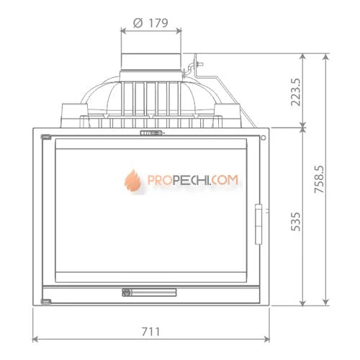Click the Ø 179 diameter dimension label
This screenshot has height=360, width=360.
point(150,23)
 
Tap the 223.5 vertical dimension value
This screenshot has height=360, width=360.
point(295,92)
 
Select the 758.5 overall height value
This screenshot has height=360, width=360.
point(319,179)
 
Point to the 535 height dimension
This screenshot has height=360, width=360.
point(295,222)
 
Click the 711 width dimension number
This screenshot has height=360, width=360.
point(150,332)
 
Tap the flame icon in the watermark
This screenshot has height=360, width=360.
point(132,180)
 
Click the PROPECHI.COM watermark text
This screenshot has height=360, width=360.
point(193,180)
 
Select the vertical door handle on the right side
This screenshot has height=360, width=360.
point(258,224)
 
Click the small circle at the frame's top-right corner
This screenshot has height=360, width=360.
point(264,138)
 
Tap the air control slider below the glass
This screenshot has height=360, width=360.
point(149,292)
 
